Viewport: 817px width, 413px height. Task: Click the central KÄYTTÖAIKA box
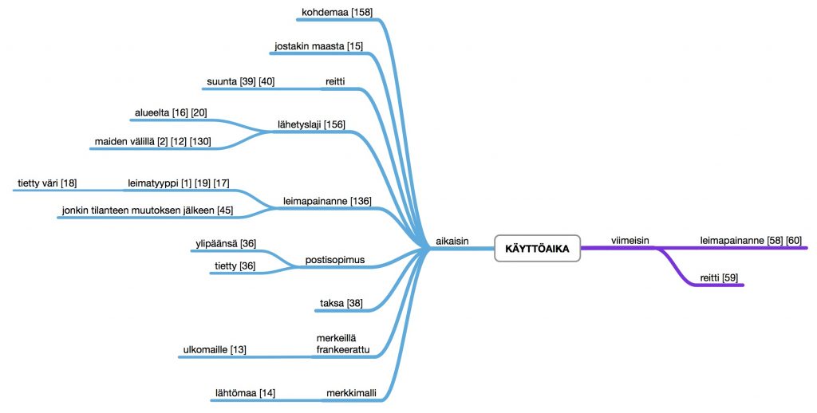[x=536, y=249]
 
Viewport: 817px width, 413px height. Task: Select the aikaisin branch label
[x=451, y=240]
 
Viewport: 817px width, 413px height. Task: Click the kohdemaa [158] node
[x=337, y=13]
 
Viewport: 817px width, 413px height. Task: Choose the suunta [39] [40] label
[x=240, y=81]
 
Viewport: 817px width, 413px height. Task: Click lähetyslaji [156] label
[x=311, y=124]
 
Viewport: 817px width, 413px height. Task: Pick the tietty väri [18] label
[x=47, y=183]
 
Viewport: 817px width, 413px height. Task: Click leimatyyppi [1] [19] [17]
[x=179, y=183]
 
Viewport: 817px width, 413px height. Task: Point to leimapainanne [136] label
[x=327, y=201]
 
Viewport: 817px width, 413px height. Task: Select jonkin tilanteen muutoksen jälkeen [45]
[x=148, y=210]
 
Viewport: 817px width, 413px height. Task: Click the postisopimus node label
[x=334, y=260]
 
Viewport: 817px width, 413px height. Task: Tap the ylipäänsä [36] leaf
[x=224, y=243]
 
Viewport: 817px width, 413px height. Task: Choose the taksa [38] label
[x=341, y=303]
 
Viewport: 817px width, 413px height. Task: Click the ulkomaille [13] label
[x=215, y=349]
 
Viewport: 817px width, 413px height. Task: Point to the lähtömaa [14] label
[x=245, y=392]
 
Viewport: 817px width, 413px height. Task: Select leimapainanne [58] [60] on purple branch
[x=750, y=240]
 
